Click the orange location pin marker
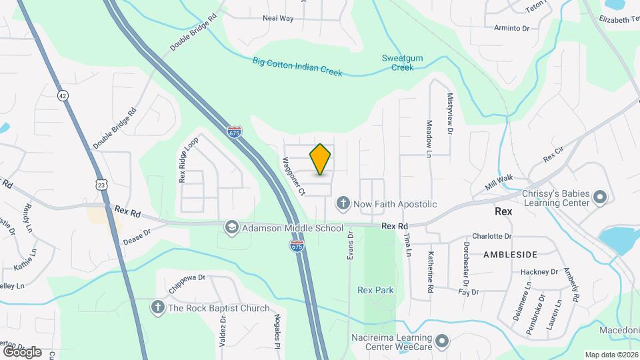[320, 159]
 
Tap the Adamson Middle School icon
[232, 228]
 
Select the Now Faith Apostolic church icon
[343, 203]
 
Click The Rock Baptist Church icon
[157, 308]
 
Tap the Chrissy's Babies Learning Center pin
[599, 198]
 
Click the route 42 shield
[62, 95]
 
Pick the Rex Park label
[375, 290]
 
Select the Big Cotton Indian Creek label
[297, 67]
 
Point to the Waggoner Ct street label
[293, 176]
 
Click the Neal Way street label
[278, 19]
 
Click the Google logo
[21, 351]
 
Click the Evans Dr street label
[349, 251]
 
